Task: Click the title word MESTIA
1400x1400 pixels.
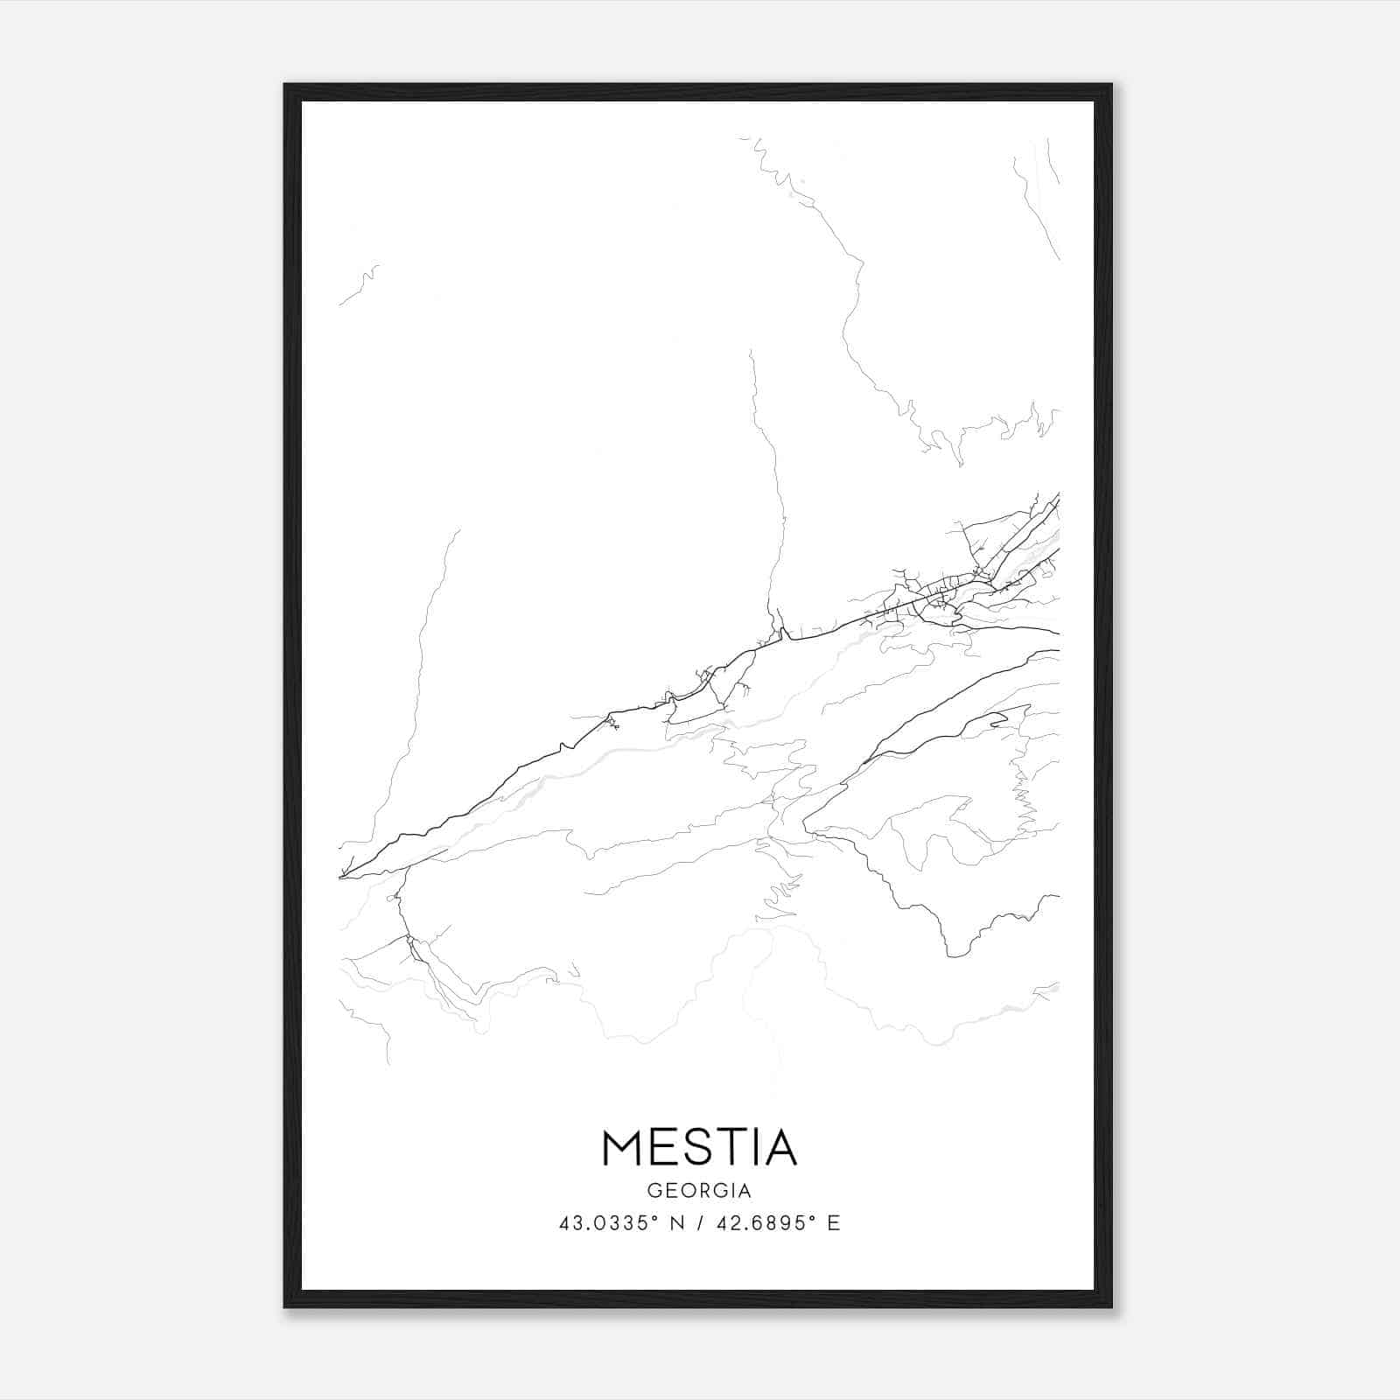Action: click(x=699, y=1147)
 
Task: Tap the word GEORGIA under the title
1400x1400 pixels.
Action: click(x=699, y=1191)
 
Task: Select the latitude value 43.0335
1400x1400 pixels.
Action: click(x=603, y=1223)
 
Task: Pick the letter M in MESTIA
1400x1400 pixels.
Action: click(x=624, y=1147)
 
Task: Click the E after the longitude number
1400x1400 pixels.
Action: click(x=834, y=1223)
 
